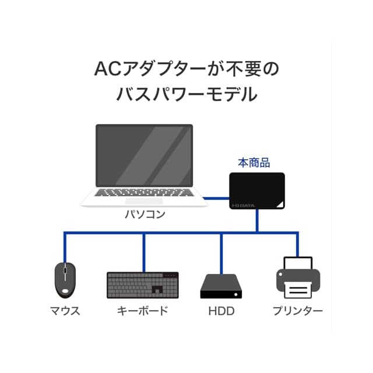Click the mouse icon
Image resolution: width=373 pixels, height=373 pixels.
tap(65, 279)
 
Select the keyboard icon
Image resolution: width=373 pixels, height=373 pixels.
tap(143, 284)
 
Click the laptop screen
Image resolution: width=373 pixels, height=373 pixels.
tap(144, 155)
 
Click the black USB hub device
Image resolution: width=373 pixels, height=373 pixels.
tap(256, 191)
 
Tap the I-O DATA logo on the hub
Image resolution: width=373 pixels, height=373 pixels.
tap(243, 204)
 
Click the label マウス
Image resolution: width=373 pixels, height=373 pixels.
tap(65, 311)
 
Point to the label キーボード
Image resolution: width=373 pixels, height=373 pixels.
tap(143, 311)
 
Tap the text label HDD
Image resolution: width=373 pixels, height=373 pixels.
tap(221, 311)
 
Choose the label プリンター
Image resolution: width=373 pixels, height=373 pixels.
tap(298, 311)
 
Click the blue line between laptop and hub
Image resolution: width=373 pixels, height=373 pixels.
tap(216, 198)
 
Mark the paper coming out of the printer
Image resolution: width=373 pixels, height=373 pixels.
tap(298, 290)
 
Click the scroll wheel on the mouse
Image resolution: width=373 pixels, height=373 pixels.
tap(65, 269)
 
